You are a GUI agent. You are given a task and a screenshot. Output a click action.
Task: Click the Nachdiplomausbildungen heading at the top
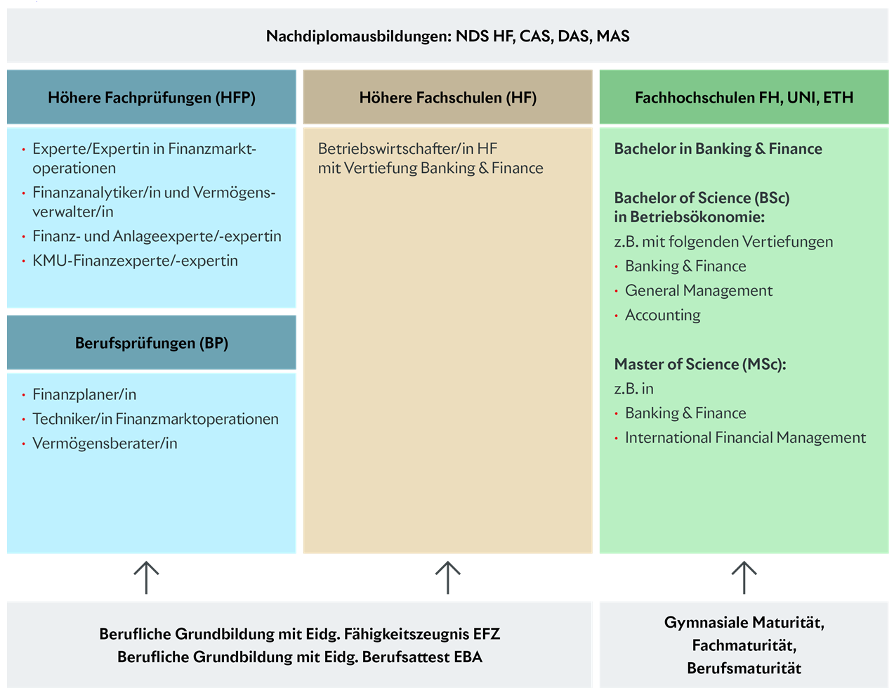447,37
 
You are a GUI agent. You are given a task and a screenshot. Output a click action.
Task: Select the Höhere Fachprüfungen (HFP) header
152,98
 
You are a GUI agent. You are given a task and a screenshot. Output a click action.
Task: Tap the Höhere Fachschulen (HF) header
447,98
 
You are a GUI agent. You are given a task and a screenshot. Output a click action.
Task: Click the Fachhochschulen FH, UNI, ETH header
744,98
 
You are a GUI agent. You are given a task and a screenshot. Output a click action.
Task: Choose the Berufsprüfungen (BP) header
152,343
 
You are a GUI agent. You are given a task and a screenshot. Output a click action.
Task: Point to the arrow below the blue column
146,578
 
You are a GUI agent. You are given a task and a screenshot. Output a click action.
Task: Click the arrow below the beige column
447,578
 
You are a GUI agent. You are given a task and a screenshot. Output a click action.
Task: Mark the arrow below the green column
744,578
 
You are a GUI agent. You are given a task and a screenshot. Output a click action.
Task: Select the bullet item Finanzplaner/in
84,394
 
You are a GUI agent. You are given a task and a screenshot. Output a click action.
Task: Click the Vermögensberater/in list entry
105,444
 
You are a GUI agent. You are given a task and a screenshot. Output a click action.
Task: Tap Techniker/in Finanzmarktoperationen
155,419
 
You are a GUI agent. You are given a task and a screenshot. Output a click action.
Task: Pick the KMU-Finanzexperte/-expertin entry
135,261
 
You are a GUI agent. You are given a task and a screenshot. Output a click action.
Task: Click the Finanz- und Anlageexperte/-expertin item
157,236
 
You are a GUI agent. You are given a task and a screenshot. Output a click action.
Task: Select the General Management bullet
699,291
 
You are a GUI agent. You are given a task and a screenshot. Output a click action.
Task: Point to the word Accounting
663,316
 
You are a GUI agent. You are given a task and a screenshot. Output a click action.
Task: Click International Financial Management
745,438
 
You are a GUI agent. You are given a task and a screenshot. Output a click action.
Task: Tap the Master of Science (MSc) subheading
700,364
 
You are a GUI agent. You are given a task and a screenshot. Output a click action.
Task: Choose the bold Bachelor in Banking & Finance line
718,149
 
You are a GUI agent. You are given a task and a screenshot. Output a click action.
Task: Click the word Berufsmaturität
744,668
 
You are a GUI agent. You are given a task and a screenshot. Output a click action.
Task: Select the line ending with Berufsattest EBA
300,657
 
